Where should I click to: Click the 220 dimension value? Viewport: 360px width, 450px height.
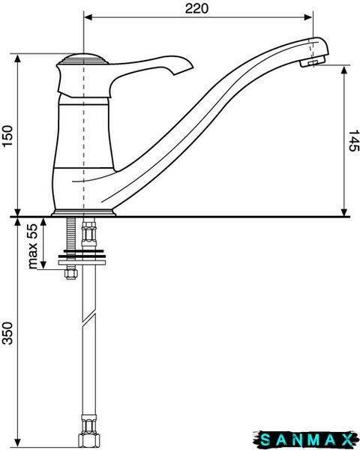(196, 8)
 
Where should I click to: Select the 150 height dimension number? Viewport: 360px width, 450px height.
(7, 136)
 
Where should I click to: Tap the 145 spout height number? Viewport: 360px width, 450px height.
(353, 141)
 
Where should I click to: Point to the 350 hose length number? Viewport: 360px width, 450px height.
(7, 333)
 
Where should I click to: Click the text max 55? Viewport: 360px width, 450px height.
(33, 246)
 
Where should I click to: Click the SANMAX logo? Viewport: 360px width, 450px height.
(306, 439)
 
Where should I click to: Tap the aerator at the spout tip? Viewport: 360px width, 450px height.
(313, 61)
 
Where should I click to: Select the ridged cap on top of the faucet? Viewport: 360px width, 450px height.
(83, 59)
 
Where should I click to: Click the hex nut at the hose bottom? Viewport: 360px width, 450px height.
(89, 433)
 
